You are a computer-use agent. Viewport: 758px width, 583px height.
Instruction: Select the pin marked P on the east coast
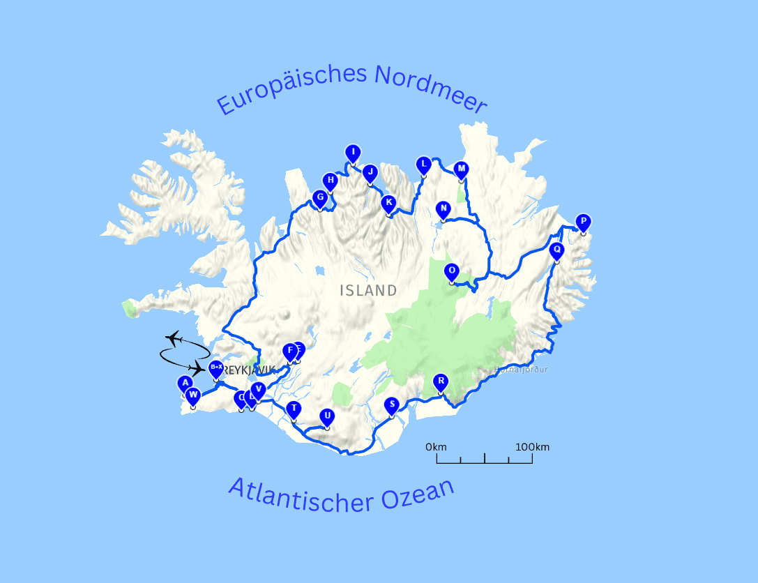pos(583,222)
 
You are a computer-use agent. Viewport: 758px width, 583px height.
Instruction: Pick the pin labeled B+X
pos(216,368)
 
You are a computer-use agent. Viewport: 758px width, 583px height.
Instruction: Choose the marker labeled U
pos(326,417)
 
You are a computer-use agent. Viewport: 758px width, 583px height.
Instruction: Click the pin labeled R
pos(440,381)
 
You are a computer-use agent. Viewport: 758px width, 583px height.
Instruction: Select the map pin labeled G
pos(320,198)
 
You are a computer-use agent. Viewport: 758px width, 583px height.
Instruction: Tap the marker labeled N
pos(443,209)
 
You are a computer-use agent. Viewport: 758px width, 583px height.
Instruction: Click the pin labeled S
pos(391,405)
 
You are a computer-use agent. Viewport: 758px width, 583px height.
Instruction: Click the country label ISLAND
pos(368,291)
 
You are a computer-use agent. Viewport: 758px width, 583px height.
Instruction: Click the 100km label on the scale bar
pos(533,447)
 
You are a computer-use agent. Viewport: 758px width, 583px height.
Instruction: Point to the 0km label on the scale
pos(436,447)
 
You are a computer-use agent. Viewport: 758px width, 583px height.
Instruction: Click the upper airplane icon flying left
pos(174,338)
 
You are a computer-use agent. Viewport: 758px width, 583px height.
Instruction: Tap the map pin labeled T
pos(294,409)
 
